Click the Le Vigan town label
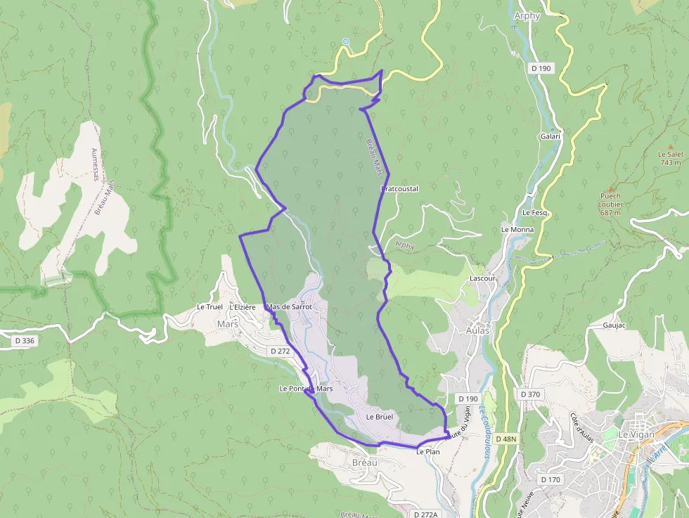coord(636,434)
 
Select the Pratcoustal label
coord(399,189)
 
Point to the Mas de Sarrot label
coord(289,307)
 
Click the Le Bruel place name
coord(379,417)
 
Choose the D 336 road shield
coord(24,341)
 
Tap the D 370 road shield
coord(531,394)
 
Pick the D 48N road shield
coord(506,439)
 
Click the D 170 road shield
coord(550,479)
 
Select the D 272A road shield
coord(426,514)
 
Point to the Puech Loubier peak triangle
coord(611,188)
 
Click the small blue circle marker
coord(346,41)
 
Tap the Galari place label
coord(550,136)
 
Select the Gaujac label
coord(614,325)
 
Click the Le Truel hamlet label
coord(210,307)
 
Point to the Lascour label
coord(482,278)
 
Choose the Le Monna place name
coord(517,230)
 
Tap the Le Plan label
coord(427,452)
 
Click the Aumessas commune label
coord(96,164)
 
